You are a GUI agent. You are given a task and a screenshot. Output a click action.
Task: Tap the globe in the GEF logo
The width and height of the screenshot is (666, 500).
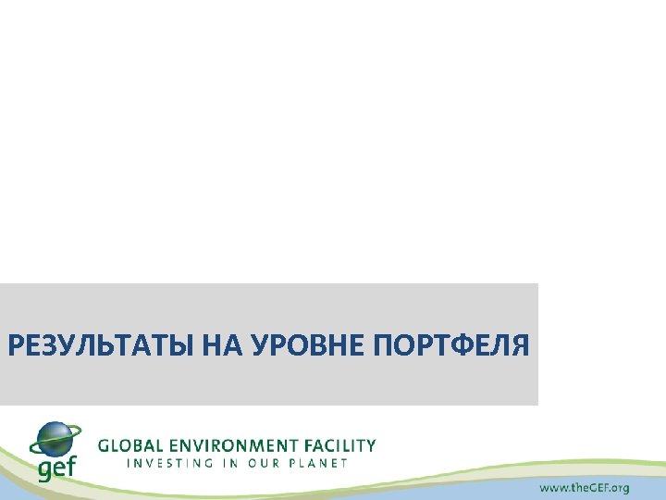56,439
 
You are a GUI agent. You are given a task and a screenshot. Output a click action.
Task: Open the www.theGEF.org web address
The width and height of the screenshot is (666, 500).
585,487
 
